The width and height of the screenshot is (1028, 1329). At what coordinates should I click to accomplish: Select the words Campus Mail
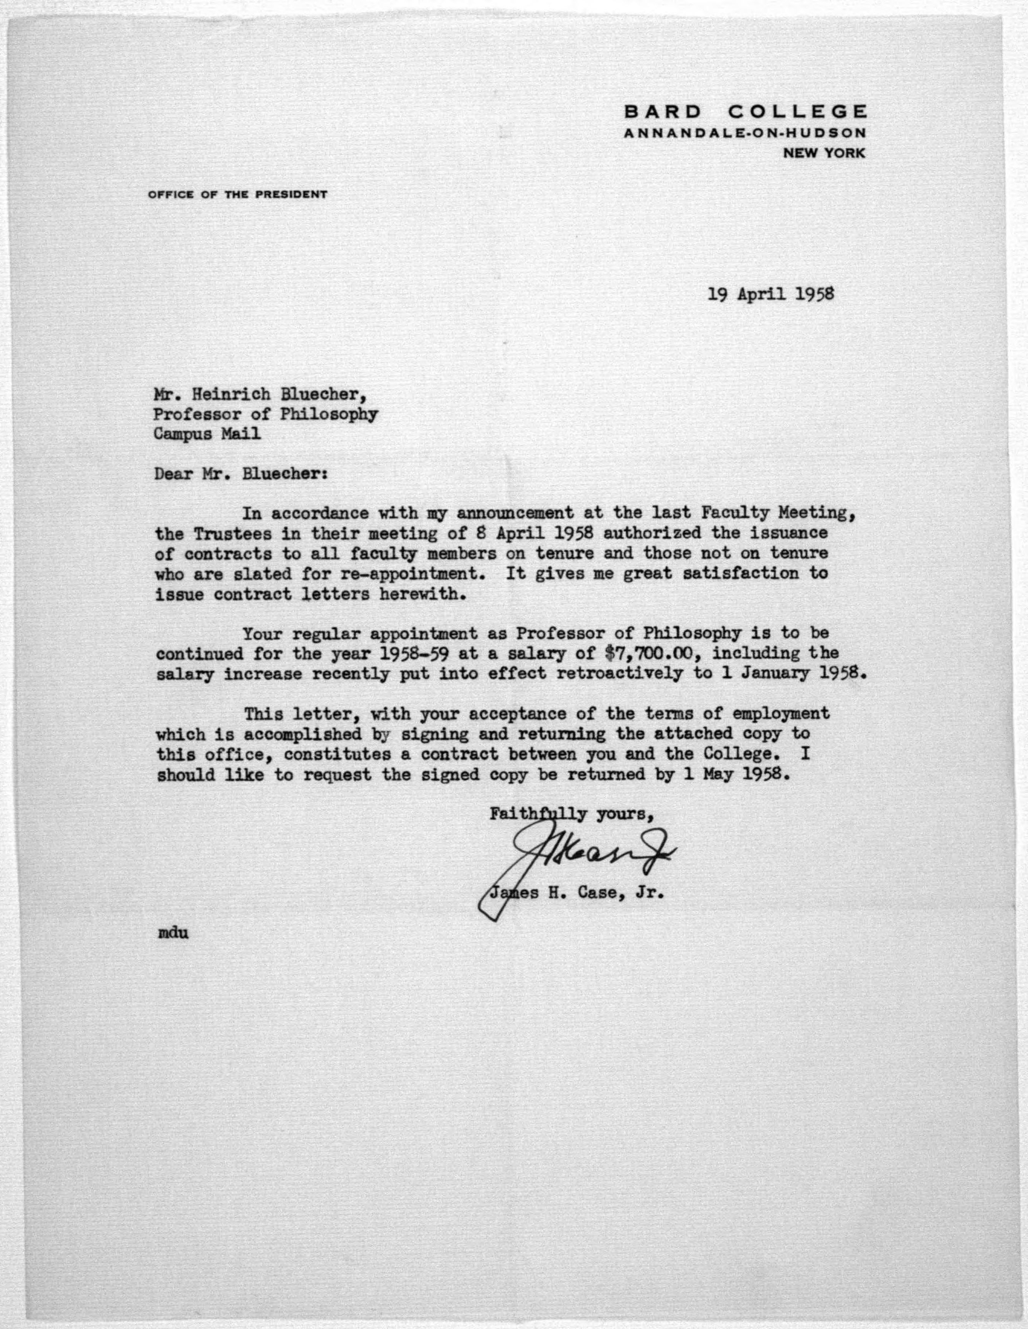tap(207, 434)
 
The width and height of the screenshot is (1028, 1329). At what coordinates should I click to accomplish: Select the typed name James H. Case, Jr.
tap(575, 894)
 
